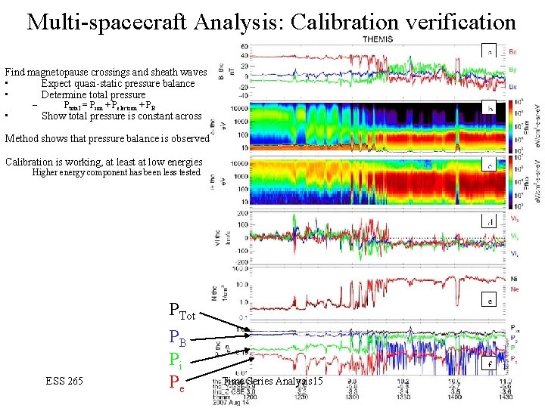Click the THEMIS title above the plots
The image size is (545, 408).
point(378,39)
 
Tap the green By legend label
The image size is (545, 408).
point(512,68)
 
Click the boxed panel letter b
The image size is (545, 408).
point(490,110)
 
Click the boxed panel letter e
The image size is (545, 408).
point(490,301)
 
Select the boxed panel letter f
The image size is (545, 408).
point(490,363)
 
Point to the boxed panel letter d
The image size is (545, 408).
point(490,221)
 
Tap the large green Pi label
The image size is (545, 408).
point(176,361)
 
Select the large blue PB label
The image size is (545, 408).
point(177,338)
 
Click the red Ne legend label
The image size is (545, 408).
point(515,289)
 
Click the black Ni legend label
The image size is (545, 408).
point(515,278)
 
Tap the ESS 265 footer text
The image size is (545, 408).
point(64,380)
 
